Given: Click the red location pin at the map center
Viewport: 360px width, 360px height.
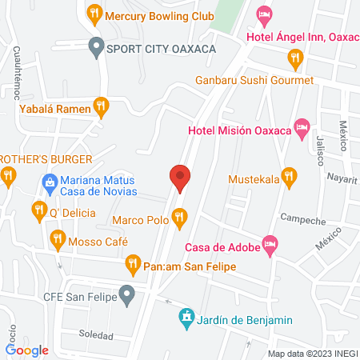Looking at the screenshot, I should pos(179,176).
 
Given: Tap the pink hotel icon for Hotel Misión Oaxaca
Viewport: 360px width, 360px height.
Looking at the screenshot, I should pos(302,128).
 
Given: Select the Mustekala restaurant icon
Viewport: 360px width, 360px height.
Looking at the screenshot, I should pos(290,175).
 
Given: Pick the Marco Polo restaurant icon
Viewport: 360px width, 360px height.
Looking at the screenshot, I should pos(179,215).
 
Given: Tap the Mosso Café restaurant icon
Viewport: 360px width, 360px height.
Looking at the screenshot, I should pos(57,238).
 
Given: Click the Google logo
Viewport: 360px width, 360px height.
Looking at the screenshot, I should pos(27,350).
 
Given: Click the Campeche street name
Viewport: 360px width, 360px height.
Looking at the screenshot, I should pos(302,219).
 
